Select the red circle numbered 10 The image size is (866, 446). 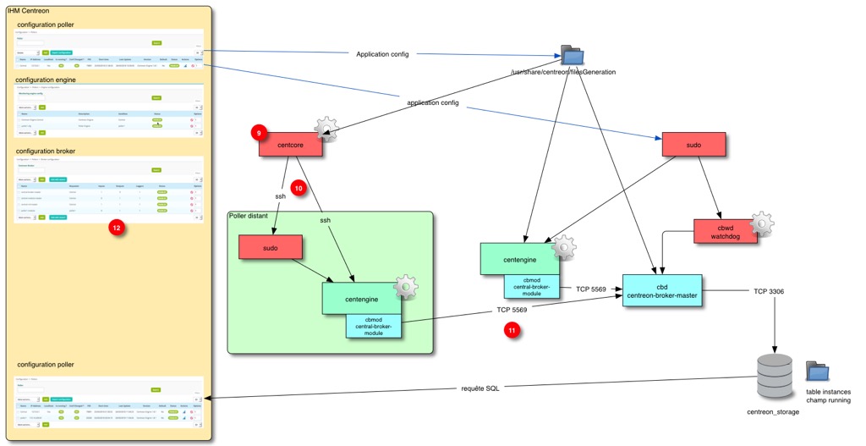[298, 186]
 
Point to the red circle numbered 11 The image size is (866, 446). [512, 331]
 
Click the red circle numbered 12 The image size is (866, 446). [117, 227]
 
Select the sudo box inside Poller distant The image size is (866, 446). [270, 247]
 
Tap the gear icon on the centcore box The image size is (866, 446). [326, 129]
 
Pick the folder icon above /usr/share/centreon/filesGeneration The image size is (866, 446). [573, 55]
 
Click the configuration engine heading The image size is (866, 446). [49, 79]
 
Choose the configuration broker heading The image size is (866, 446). [49, 151]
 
